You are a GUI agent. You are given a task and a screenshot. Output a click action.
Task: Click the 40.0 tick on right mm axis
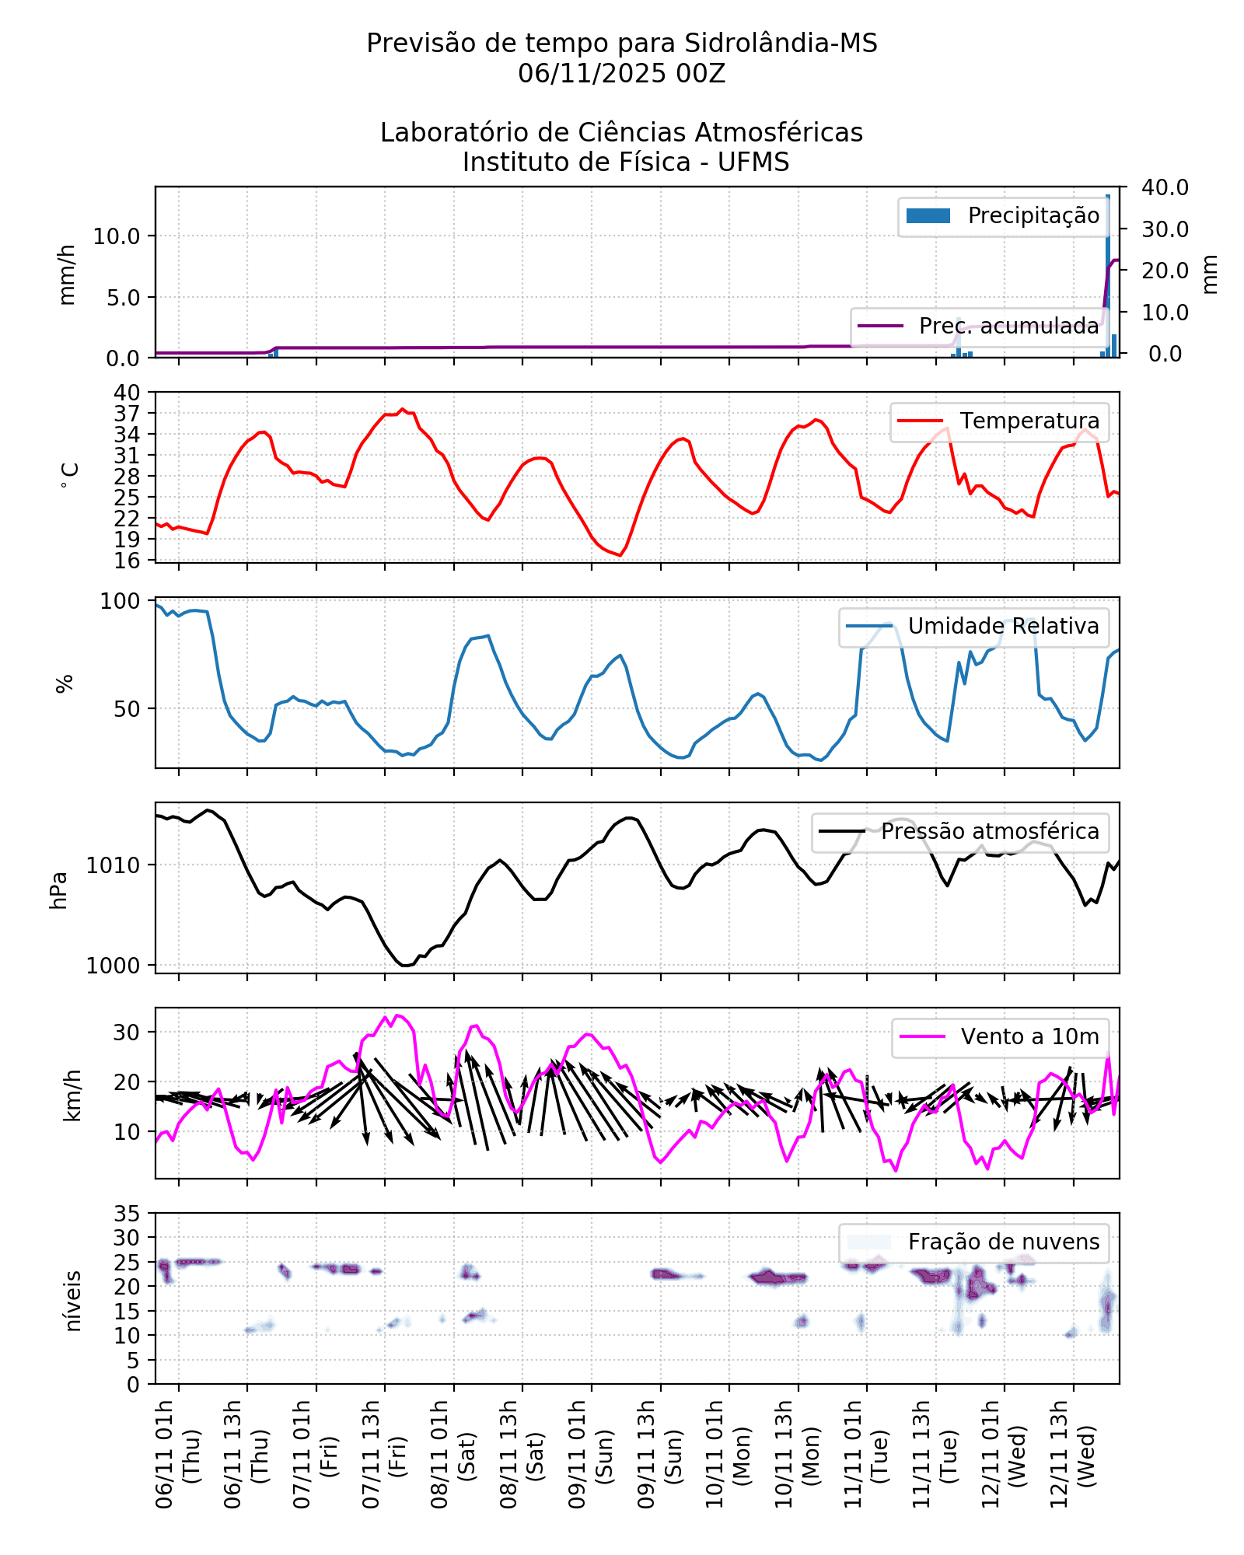[x=1165, y=187]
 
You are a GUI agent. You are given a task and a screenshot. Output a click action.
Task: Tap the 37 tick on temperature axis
[x=127, y=414]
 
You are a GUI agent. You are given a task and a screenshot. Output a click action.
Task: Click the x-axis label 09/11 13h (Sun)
[x=659, y=1454]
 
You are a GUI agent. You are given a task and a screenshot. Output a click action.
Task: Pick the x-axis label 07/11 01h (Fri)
[x=315, y=1454]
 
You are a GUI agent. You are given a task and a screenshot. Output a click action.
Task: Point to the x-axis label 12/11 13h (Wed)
[x=1072, y=1454]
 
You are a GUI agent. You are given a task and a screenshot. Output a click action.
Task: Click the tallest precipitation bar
[x=1108, y=272]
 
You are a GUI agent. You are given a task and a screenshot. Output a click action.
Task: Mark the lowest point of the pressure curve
[x=406, y=966]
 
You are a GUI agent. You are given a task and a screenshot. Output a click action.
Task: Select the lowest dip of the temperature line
[x=620, y=555]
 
